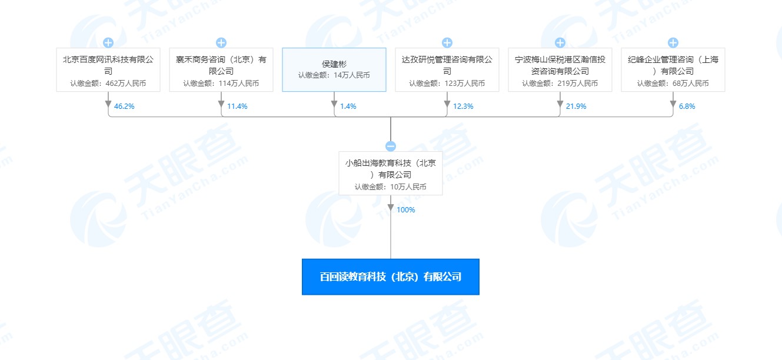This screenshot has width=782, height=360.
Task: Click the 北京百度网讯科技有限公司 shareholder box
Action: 108,70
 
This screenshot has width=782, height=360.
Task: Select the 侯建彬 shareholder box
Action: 334,70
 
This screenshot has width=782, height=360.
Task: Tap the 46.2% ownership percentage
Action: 124,106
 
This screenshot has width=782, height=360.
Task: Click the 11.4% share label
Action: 237,106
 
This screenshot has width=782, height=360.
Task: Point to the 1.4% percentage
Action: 348,106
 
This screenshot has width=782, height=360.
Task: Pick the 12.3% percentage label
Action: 463,106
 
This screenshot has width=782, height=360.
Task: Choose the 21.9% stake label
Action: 576,106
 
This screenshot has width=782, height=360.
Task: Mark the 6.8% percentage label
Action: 687,106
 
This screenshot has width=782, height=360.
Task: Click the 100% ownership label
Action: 406,209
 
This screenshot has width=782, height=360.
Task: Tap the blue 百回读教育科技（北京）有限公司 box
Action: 391,277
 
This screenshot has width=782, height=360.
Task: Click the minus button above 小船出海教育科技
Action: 391,146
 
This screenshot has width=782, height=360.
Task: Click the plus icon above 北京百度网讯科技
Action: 108,43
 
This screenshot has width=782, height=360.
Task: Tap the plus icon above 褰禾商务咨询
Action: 221,43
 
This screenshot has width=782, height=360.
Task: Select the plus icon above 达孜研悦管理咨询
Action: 447,43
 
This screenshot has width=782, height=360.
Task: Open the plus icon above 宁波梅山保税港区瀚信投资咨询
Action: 560,43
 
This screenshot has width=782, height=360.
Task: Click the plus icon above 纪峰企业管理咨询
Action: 673,43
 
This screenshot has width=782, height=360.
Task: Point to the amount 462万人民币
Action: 126,84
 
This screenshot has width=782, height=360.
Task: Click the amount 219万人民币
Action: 577,84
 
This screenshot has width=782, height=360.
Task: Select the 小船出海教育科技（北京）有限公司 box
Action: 391,174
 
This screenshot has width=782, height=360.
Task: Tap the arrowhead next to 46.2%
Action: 108,104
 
